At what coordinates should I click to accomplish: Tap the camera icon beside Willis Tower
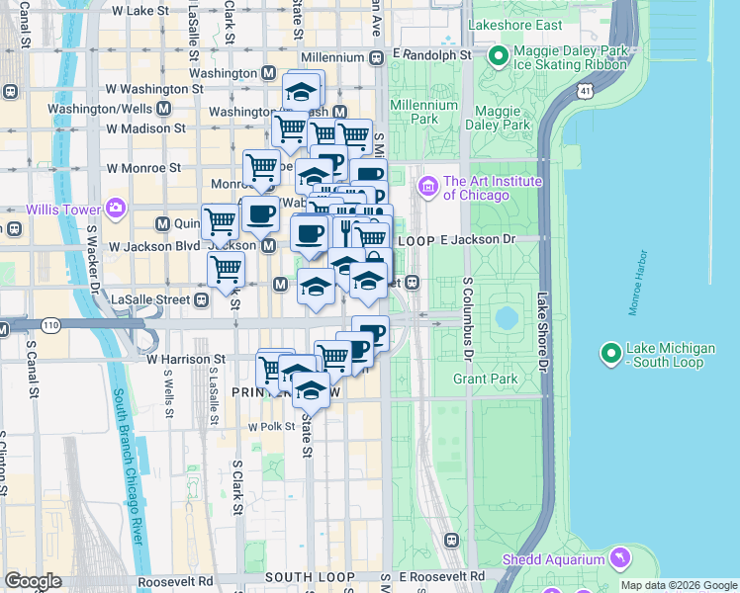(117, 209)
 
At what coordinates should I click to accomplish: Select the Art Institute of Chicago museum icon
(428, 186)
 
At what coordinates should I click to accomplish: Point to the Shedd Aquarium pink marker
(620, 558)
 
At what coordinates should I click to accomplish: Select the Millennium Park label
(423, 112)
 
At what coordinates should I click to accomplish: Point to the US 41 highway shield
(586, 90)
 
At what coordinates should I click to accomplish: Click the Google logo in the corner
(33, 580)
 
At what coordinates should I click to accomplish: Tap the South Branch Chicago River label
(130, 465)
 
